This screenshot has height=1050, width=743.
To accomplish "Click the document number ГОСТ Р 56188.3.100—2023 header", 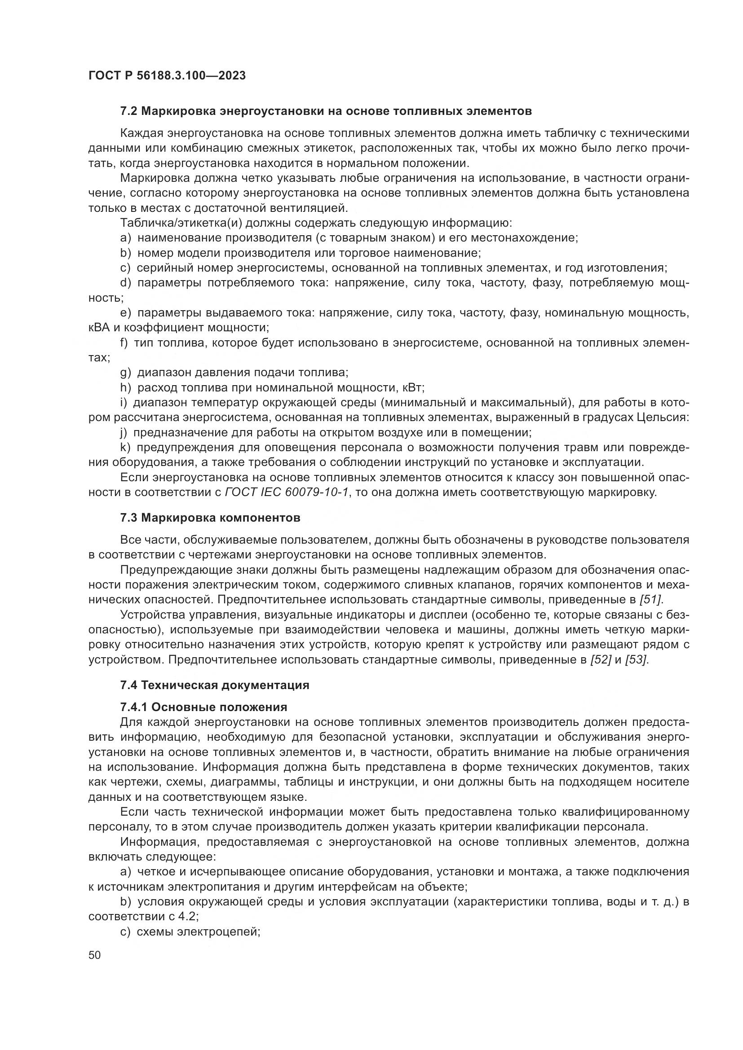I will point(167,75).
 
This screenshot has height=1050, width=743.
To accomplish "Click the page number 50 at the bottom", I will point(95,955).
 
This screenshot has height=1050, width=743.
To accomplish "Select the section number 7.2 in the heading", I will point(128,111).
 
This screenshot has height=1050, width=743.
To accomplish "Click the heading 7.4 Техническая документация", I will point(215,685).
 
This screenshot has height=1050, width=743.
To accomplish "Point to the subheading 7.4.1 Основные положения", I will point(203,707).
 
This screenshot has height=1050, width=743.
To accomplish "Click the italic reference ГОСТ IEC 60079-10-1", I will point(287,492).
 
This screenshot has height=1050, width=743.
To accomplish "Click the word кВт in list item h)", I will point(413,388).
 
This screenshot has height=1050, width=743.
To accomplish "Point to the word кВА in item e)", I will point(98,328).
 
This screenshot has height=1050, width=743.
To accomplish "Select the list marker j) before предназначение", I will point(125,433).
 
